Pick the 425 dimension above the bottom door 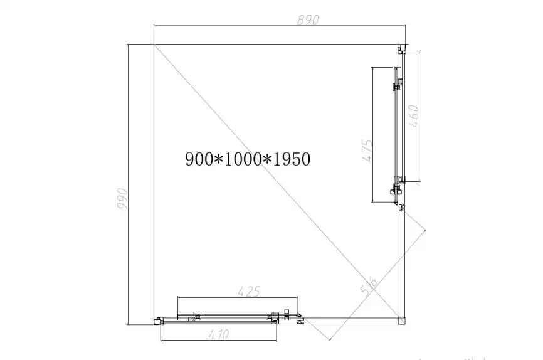[248, 291]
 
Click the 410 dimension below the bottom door [217, 335]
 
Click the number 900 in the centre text [199, 159]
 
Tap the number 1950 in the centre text [291, 159]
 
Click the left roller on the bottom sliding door [198, 315]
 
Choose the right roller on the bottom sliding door [270, 315]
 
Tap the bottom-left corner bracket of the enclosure [156, 322]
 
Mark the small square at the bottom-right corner [403, 321]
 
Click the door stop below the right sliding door [403, 208]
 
